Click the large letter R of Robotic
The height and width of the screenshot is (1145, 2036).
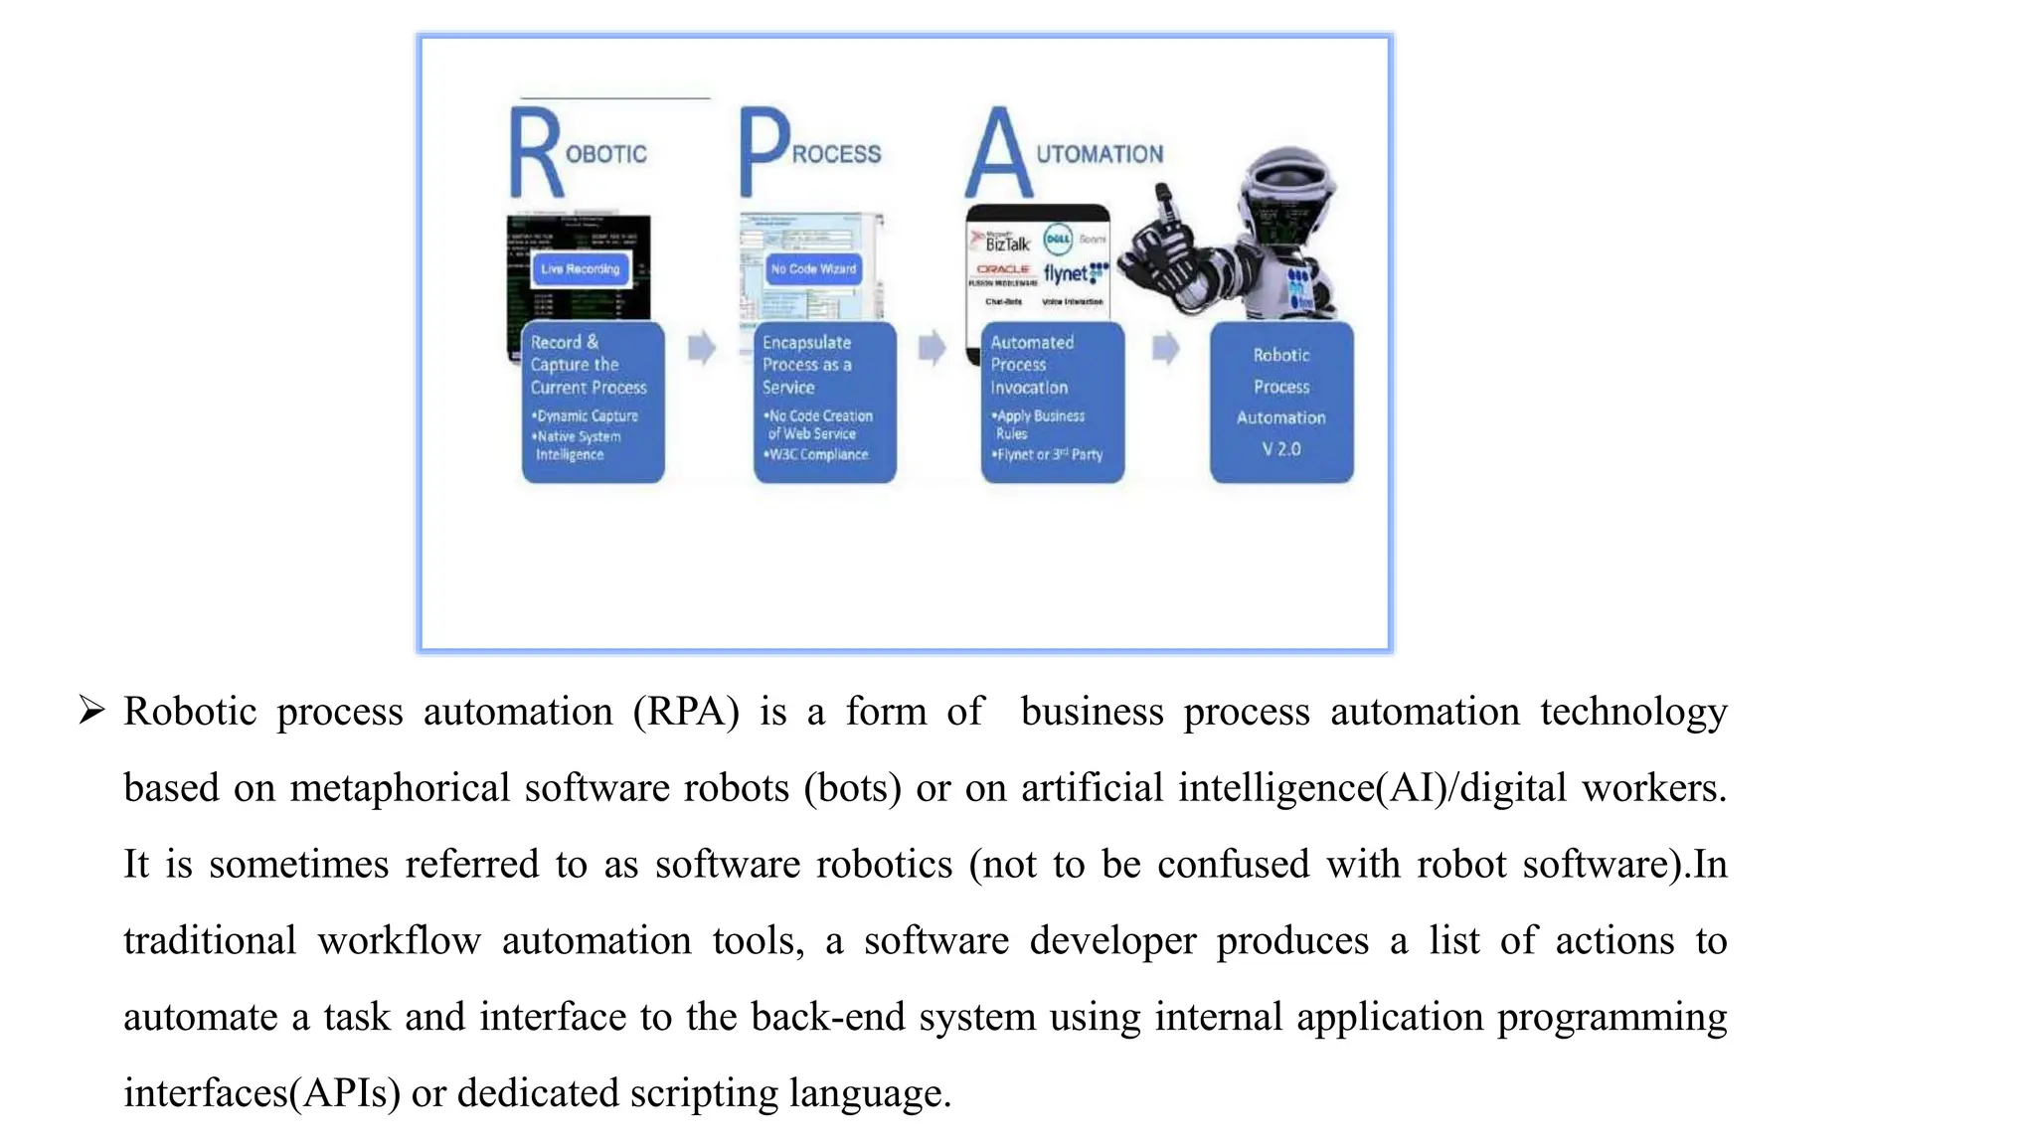click(535, 154)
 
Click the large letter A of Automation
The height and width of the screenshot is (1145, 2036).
click(997, 154)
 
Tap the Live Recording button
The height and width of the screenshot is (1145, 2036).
click(581, 269)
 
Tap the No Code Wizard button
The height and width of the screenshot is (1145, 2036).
click(812, 269)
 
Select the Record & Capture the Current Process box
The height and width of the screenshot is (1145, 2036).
click(593, 402)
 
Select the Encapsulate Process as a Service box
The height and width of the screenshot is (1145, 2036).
click(824, 402)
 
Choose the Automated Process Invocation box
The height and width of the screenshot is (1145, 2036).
click(1052, 402)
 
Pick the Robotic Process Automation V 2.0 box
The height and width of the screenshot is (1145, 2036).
click(1280, 402)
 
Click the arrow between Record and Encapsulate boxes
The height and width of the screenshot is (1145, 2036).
click(702, 348)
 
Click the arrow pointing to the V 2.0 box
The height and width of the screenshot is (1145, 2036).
click(1165, 348)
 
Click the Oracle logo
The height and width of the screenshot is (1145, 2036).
click(1002, 269)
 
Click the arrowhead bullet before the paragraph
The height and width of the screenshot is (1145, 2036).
click(91, 711)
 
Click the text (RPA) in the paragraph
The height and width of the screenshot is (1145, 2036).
click(686, 712)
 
